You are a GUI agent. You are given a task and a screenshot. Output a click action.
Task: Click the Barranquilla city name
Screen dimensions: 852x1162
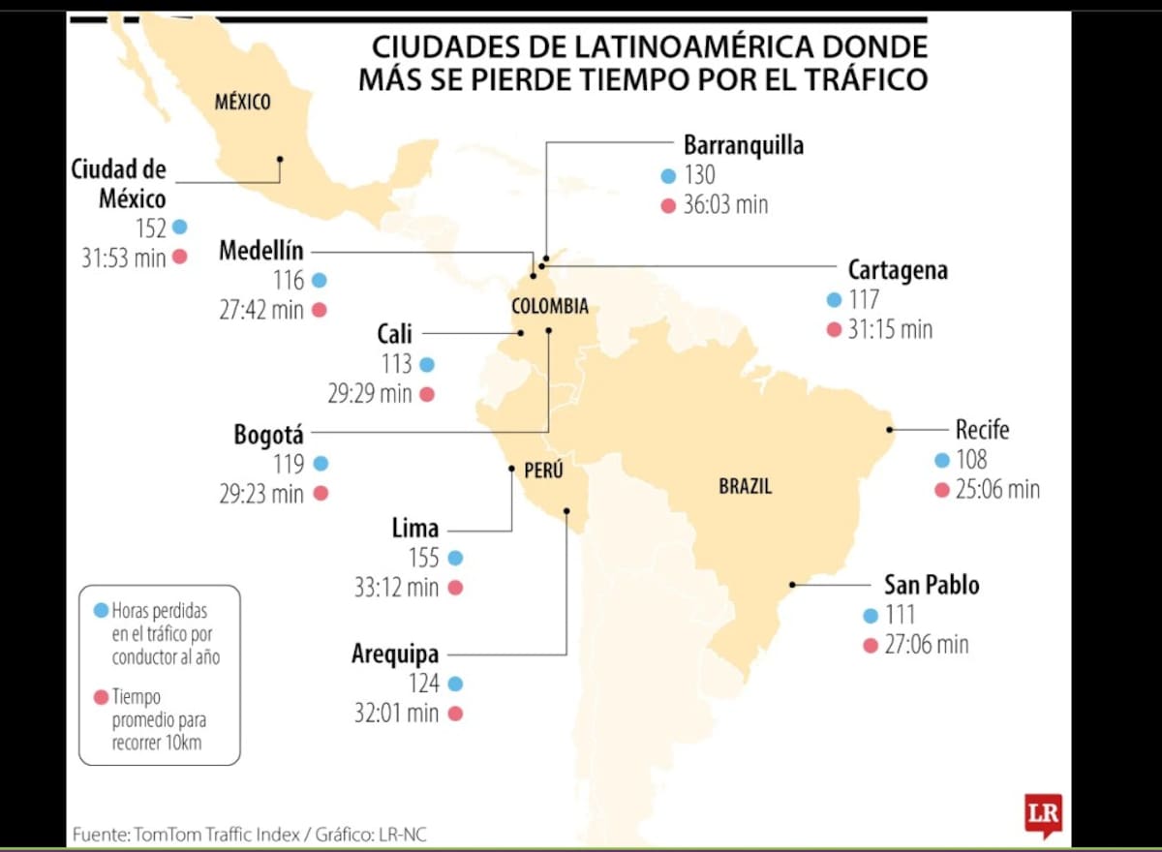[x=744, y=145]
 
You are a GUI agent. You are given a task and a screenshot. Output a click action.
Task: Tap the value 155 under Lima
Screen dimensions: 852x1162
[x=423, y=558]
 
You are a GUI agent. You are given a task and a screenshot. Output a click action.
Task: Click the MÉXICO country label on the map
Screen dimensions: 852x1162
[x=242, y=101]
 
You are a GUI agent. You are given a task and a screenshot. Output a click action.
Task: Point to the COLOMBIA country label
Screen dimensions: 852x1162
[x=549, y=306]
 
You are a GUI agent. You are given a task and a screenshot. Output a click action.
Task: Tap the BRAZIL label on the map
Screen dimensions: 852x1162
[x=745, y=486]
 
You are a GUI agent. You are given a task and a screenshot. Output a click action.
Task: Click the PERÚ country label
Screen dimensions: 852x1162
[x=543, y=471]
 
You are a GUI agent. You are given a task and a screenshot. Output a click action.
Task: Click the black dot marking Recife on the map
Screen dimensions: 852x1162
[x=890, y=429]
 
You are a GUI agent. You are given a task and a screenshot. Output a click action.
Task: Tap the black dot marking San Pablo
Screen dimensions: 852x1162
[x=792, y=584]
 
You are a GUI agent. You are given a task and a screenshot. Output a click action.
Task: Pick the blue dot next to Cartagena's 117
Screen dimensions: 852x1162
[x=834, y=300]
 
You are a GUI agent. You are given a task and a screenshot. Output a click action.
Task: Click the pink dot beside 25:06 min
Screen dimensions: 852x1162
[x=941, y=490]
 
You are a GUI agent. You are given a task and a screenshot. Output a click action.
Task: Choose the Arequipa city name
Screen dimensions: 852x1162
[x=395, y=654]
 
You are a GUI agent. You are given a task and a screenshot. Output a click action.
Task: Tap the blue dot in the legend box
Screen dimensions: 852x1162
[x=101, y=610]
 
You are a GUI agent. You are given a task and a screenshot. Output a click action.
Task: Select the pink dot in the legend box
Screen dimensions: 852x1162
[x=101, y=696]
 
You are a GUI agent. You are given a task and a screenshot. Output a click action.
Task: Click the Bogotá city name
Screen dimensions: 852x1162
[x=268, y=435]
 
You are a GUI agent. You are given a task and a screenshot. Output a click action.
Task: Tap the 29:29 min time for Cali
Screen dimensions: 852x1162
[x=369, y=394]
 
